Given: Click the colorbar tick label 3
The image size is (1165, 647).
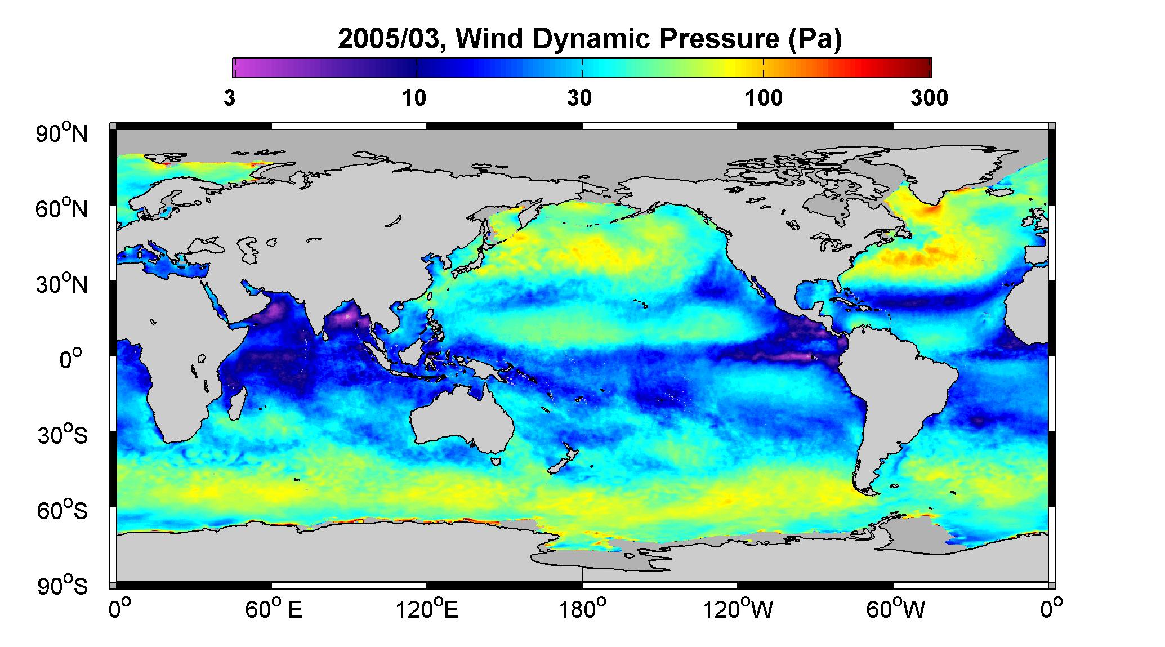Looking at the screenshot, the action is pyautogui.click(x=230, y=99).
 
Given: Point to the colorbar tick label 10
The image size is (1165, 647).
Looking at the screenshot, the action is pyautogui.click(x=414, y=99).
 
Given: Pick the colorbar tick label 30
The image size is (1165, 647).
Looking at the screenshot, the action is pyautogui.click(x=579, y=99).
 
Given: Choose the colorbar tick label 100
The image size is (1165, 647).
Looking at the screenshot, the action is pyautogui.click(x=764, y=99).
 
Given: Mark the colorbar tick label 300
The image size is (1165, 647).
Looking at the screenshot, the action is pyautogui.click(x=929, y=99).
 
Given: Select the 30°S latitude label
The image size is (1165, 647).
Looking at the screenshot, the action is pyautogui.click(x=62, y=435).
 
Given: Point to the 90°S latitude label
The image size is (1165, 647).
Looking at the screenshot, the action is pyautogui.click(x=62, y=586).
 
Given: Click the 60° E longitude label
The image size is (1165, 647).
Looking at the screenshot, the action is pyautogui.click(x=273, y=610).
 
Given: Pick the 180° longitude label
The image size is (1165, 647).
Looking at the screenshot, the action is pyautogui.click(x=583, y=610).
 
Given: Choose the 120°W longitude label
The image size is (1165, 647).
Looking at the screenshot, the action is pyautogui.click(x=738, y=610).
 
